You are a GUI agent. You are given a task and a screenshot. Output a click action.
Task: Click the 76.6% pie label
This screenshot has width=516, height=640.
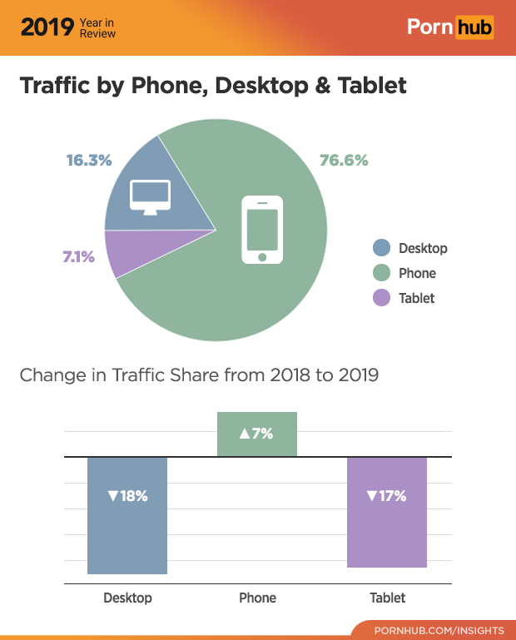click(344, 160)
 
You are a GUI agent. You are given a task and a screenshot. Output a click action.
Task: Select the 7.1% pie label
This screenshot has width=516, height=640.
click(78, 256)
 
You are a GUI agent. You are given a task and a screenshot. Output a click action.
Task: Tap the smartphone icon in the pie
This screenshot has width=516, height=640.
click(262, 230)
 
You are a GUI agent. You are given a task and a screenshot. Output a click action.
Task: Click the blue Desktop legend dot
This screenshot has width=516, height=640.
click(381, 248)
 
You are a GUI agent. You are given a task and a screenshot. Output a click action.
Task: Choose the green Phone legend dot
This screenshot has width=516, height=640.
click(381, 273)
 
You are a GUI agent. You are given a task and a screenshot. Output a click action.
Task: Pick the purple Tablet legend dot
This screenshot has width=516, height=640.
click(381, 298)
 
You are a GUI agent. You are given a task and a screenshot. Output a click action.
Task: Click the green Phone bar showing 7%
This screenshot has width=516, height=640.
click(257, 434)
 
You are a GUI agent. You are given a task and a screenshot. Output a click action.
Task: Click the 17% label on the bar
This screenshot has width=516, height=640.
click(386, 496)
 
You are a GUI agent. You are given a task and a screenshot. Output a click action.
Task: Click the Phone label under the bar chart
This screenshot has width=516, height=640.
click(257, 598)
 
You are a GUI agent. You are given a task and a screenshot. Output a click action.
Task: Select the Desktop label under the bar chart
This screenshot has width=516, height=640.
click(127, 598)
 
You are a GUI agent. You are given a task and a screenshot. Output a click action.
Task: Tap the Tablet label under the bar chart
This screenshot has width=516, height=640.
click(387, 598)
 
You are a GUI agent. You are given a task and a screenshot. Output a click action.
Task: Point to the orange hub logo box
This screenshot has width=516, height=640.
click(474, 27)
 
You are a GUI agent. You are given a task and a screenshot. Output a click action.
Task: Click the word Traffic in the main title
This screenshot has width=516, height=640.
click(56, 86)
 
